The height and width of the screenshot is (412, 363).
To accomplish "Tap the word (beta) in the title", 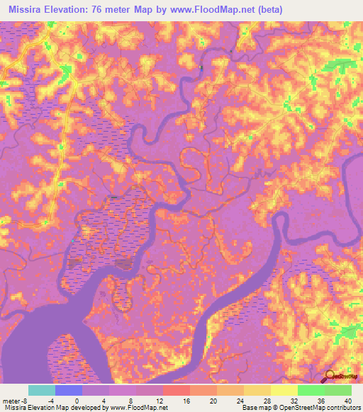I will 284,10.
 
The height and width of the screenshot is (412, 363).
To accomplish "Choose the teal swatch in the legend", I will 42,390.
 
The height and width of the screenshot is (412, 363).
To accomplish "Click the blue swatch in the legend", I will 69,390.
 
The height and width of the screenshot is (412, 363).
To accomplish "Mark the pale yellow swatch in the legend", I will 284,390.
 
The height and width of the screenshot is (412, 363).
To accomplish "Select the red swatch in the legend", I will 176,390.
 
